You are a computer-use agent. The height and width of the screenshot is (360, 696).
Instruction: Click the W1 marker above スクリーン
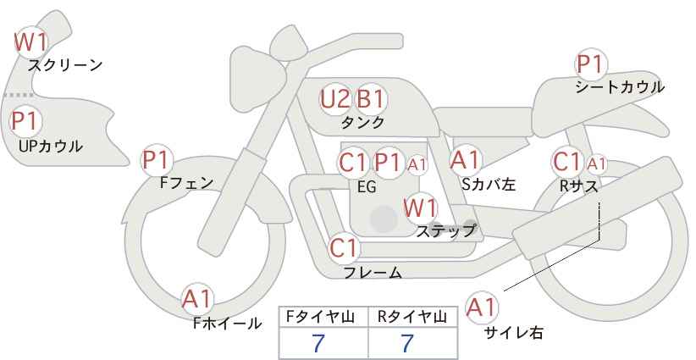pyautogui.click(x=30, y=42)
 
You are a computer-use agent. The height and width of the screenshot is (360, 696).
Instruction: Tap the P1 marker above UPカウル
pyautogui.click(x=26, y=121)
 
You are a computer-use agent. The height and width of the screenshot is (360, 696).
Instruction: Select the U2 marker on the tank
pyautogui.click(x=335, y=99)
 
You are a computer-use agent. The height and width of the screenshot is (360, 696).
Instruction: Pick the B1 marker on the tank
pyautogui.click(x=371, y=99)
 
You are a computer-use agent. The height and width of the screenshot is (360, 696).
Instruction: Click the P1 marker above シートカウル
pyautogui.click(x=591, y=64)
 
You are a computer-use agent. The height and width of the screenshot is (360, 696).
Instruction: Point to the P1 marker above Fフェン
pyautogui.click(x=157, y=161)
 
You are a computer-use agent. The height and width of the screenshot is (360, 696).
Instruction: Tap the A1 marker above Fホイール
pyautogui.click(x=197, y=299)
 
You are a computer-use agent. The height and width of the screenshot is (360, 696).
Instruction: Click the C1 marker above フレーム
pyautogui.click(x=344, y=248)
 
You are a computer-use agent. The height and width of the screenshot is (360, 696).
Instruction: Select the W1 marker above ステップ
pyautogui.click(x=421, y=208)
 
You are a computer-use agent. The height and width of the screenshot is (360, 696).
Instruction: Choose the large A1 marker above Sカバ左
pyautogui.click(x=466, y=160)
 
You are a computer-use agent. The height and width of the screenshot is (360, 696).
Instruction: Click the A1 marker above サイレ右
pyautogui.click(x=482, y=307)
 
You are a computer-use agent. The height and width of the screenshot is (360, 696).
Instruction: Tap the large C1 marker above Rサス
pyautogui.click(x=567, y=162)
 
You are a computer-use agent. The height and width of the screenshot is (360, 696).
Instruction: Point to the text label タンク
pyautogui.click(x=362, y=123)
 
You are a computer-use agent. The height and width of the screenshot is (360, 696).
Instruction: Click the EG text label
pyautogui.click(x=367, y=187)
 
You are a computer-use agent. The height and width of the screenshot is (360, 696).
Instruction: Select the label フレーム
pyautogui.click(x=373, y=273)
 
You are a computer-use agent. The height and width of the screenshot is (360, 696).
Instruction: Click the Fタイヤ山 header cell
pyautogui.click(x=323, y=317)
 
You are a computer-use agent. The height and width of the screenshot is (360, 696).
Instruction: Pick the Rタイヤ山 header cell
pyautogui.click(x=413, y=317)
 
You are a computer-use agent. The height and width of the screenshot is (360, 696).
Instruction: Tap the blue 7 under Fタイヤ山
pyautogui.click(x=318, y=343)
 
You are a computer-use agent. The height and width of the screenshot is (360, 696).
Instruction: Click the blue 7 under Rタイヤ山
pyautogui.click(x=407, y=343)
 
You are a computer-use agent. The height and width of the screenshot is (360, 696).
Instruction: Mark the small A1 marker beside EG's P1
pyautogui.click(x=417, y=164)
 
